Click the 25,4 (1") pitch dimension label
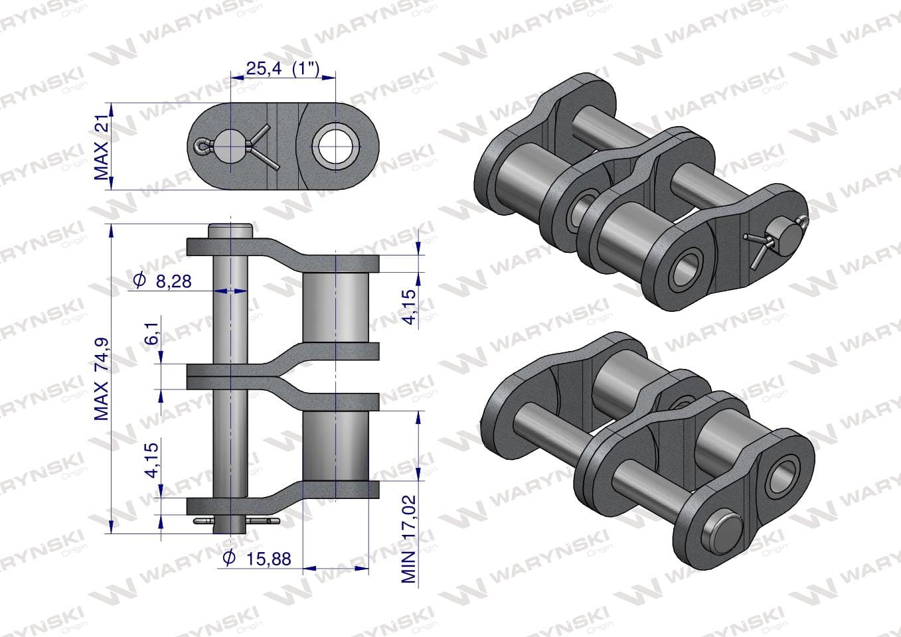point(283,69)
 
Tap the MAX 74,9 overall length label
point(102,380)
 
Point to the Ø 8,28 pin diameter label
point(162,281)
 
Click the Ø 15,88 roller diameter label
point(257,558)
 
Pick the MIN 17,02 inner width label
point(408,539)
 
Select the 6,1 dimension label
point(153,334)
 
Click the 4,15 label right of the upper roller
point(410,307)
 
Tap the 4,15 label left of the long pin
point(153,461)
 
